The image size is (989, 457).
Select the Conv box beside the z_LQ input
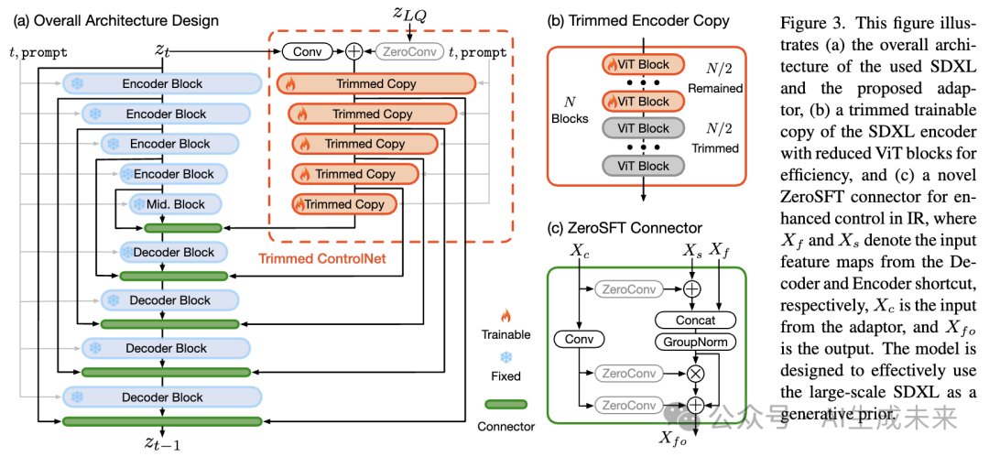(x=306, y=52)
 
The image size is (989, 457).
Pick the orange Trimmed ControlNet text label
(x=321, y=259)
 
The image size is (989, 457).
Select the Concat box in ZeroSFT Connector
(x=695, y=320)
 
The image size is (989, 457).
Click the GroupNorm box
(x=695, y=341)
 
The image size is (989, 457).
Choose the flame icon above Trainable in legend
(x=505, y=316)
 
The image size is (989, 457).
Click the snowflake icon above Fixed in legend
(x=505, y=356)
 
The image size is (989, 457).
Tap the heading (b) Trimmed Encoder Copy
(x=625, y=21)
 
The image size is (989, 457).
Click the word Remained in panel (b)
(x=717, y=89)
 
